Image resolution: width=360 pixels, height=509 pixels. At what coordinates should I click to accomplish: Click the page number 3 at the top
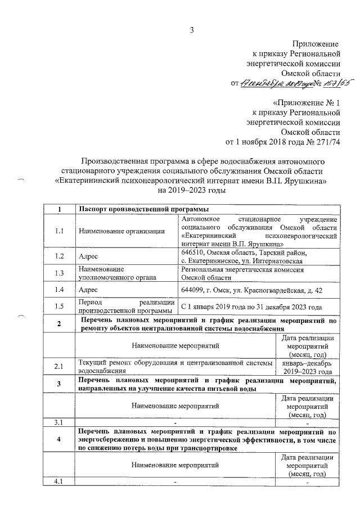click(x=191, y=30)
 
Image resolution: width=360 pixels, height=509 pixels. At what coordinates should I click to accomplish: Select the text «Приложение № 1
click(x=307, y=103)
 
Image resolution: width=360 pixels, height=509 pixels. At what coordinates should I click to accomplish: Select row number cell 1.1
click(x=59, y=231)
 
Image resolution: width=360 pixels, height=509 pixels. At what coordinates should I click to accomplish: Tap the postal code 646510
click(x=194, y=253)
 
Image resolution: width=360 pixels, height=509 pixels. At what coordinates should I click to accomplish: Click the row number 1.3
click(x=59, y=273)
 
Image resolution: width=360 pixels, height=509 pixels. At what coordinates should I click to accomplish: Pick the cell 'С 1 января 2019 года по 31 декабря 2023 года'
click(x=251, y=307)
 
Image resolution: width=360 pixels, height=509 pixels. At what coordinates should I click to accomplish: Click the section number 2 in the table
click(x=59, y=324)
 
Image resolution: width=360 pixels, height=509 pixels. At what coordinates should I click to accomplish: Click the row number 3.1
click(x=59, y=422)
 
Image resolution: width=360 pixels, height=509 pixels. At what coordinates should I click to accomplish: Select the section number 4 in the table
click(x=59, y=439)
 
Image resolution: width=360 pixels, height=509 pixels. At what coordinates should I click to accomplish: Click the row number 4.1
click(x=59, y=481)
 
